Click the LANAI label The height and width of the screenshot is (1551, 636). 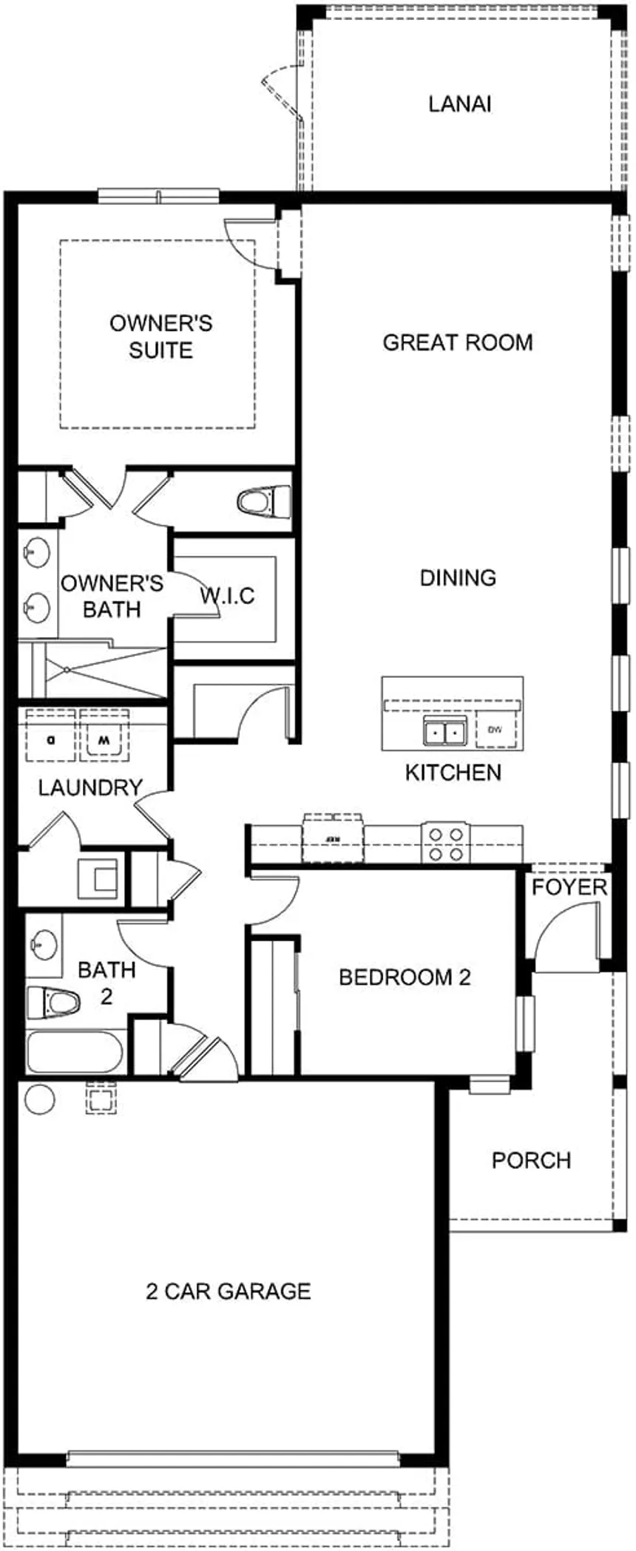tap(459, 104)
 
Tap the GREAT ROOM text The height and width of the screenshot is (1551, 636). tap(457, 342)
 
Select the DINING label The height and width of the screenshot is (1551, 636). tap(458, 577)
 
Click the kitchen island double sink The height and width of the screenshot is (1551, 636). tap(443, 731)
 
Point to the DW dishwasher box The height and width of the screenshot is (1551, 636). tap(495, 730)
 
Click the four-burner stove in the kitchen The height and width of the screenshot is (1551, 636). tap(446, 844)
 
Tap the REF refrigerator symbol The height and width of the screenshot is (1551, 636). tap(333, 840)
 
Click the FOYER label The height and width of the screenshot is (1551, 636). tap(569, 887)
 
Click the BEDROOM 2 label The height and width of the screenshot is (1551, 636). tap(405, 977)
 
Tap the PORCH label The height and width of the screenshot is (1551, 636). tap(531, 1160)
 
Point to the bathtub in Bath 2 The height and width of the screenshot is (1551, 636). tap(75, 1052)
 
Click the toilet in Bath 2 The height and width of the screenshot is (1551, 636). tap(53, 1002)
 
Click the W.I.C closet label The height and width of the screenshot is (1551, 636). tap(227, 596)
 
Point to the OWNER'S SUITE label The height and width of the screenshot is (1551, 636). tap(160, 336)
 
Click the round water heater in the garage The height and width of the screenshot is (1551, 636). tap(39, 1099)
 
